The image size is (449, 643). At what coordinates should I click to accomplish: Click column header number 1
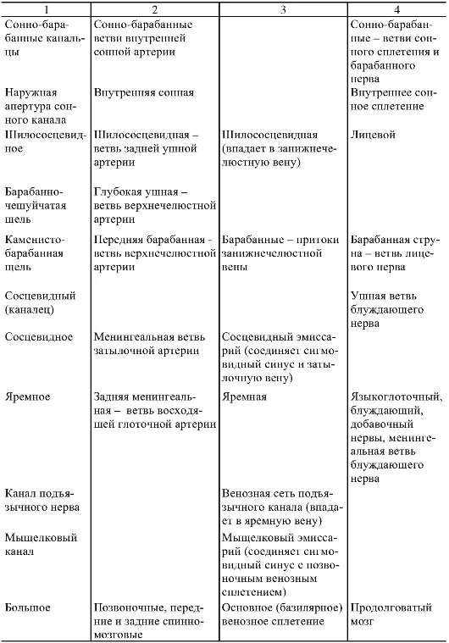(x=45, y=8)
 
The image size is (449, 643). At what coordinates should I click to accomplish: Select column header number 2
(x=153, y=8)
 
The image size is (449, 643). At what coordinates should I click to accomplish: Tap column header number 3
(x=282, y=8)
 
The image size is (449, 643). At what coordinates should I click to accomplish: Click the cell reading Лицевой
(x=372, y=135)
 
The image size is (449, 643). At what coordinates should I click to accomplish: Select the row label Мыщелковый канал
(x=41, y=544)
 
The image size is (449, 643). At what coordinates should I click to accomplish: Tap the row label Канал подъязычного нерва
(x=42, y=500)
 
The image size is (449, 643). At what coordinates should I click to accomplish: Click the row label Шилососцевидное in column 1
(x=41, y=141)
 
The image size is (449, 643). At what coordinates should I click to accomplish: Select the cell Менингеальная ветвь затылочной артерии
(x=145, y=344)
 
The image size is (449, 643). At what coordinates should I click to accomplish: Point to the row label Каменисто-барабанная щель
(x=37, y=252)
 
